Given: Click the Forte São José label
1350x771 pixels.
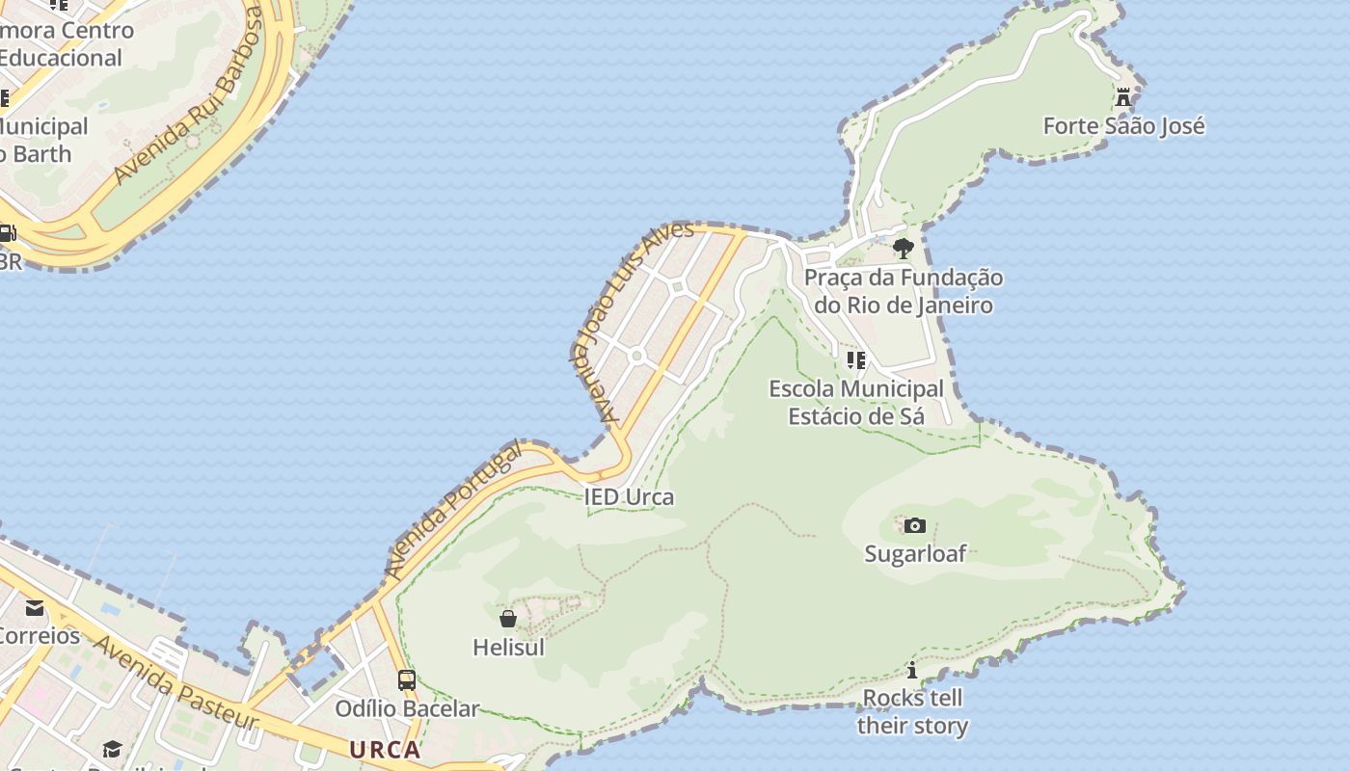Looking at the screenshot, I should pos(1123,126).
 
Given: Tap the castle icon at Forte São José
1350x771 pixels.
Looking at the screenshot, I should pos(1123,97).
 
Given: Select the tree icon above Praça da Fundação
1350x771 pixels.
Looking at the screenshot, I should pos(903,249).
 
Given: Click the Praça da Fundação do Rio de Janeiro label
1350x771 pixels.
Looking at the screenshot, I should pos(904,292).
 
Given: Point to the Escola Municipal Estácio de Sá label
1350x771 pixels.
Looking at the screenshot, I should pos(856,403).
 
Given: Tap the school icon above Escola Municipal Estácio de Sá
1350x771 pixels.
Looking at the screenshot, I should pos(855,360).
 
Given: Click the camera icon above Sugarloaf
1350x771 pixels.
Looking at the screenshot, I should pos(915,526).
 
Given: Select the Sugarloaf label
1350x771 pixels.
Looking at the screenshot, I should pos(915,554).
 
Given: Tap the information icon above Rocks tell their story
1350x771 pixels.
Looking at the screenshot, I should pos(912,670).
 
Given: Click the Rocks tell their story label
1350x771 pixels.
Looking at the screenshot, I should pos(912,711).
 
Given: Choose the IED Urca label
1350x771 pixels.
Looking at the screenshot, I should pos(629,497).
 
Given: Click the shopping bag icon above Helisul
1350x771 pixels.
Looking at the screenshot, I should pos(508,619).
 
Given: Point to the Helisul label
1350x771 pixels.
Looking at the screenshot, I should pos(508,648).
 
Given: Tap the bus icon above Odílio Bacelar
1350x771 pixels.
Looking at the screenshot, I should pos(407,680).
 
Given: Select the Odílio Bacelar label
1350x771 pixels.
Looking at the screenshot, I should pos(407,709).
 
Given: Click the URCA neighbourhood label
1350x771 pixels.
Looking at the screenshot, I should pos(385,750).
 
